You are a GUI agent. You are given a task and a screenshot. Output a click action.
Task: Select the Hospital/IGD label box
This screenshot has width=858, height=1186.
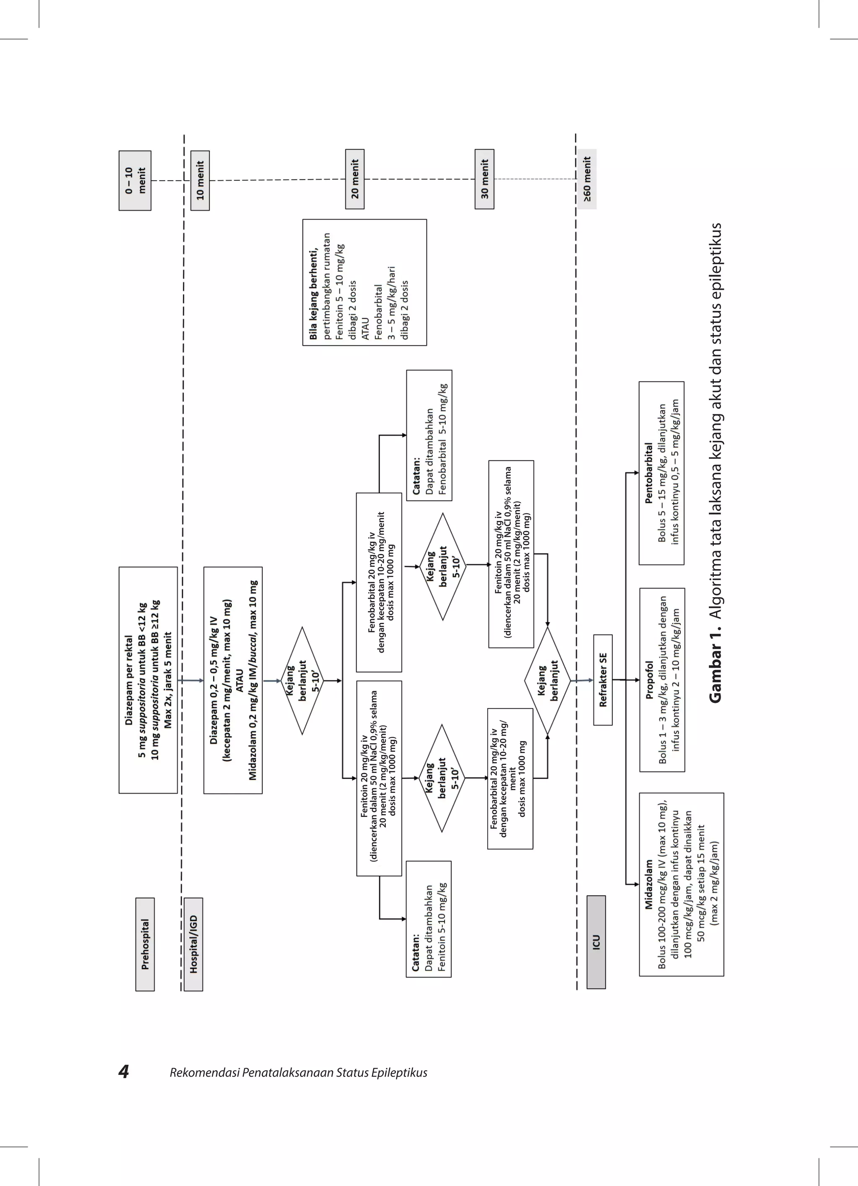pyautogui.click(x=193, y=944)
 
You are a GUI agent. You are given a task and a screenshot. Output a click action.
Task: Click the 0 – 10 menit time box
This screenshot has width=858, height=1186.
pyautogui.click(x=135, y=180)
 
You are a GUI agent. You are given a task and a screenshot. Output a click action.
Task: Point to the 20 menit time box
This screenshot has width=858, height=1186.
pyautogui.click(x=355, y=179)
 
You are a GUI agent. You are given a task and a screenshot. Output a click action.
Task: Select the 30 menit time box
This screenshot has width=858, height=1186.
pyautogui.click(x=484, y=179)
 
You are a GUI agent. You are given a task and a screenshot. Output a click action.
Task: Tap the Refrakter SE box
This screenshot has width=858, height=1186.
pyautogui.click(x=603, y=680)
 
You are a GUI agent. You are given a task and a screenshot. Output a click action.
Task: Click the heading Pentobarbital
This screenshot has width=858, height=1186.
pyautogui.click(x=649, y=473)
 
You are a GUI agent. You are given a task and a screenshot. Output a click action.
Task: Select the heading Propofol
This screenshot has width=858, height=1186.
pyautogui.click(x=649, y=680)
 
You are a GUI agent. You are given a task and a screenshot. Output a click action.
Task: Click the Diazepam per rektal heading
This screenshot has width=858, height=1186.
pyautogui.click(x=129, y=680)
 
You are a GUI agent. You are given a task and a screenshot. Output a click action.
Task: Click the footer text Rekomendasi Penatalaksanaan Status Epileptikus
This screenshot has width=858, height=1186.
pyautogui.click(x=298, y=1072)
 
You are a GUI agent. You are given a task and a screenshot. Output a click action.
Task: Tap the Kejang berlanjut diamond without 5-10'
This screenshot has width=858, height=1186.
pyautogui.click(x=547, y=680)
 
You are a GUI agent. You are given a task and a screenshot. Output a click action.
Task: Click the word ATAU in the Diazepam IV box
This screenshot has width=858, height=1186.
pyautogui.click(x=239, y=680)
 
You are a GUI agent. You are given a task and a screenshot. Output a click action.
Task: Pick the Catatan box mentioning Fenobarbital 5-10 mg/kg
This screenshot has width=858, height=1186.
pyautogui.click(x=429, y=436)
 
